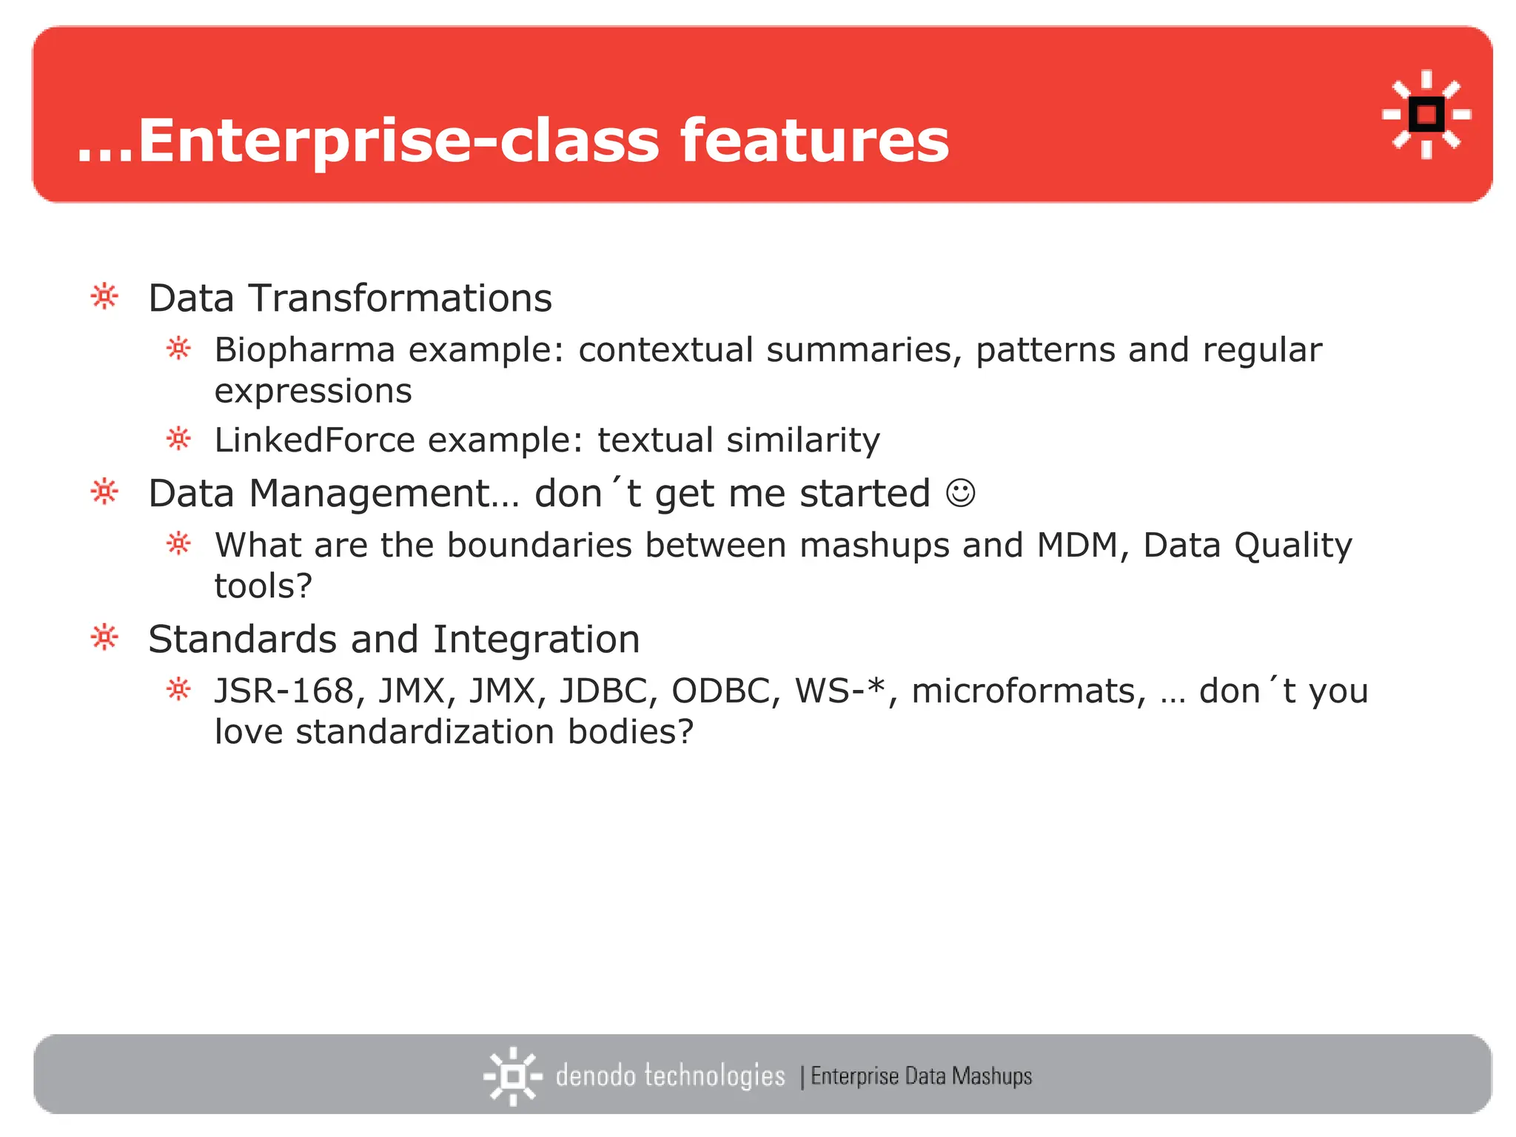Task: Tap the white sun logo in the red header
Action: (1426, 115)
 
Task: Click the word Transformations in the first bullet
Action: (400, 298)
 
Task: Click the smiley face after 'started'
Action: (961, 493)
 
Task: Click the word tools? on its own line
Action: (264, 586)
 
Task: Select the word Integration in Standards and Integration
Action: (536, 640)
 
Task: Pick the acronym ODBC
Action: (725, 691)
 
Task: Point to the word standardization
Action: (425, 732)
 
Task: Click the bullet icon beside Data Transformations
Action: (104, 297)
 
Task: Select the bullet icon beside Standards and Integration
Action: (104, 637)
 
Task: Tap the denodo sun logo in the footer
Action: (512, 1076)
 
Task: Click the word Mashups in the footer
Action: (992, 1076)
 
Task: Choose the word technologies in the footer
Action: (714, 1076)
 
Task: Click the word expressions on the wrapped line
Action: (313, 392)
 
